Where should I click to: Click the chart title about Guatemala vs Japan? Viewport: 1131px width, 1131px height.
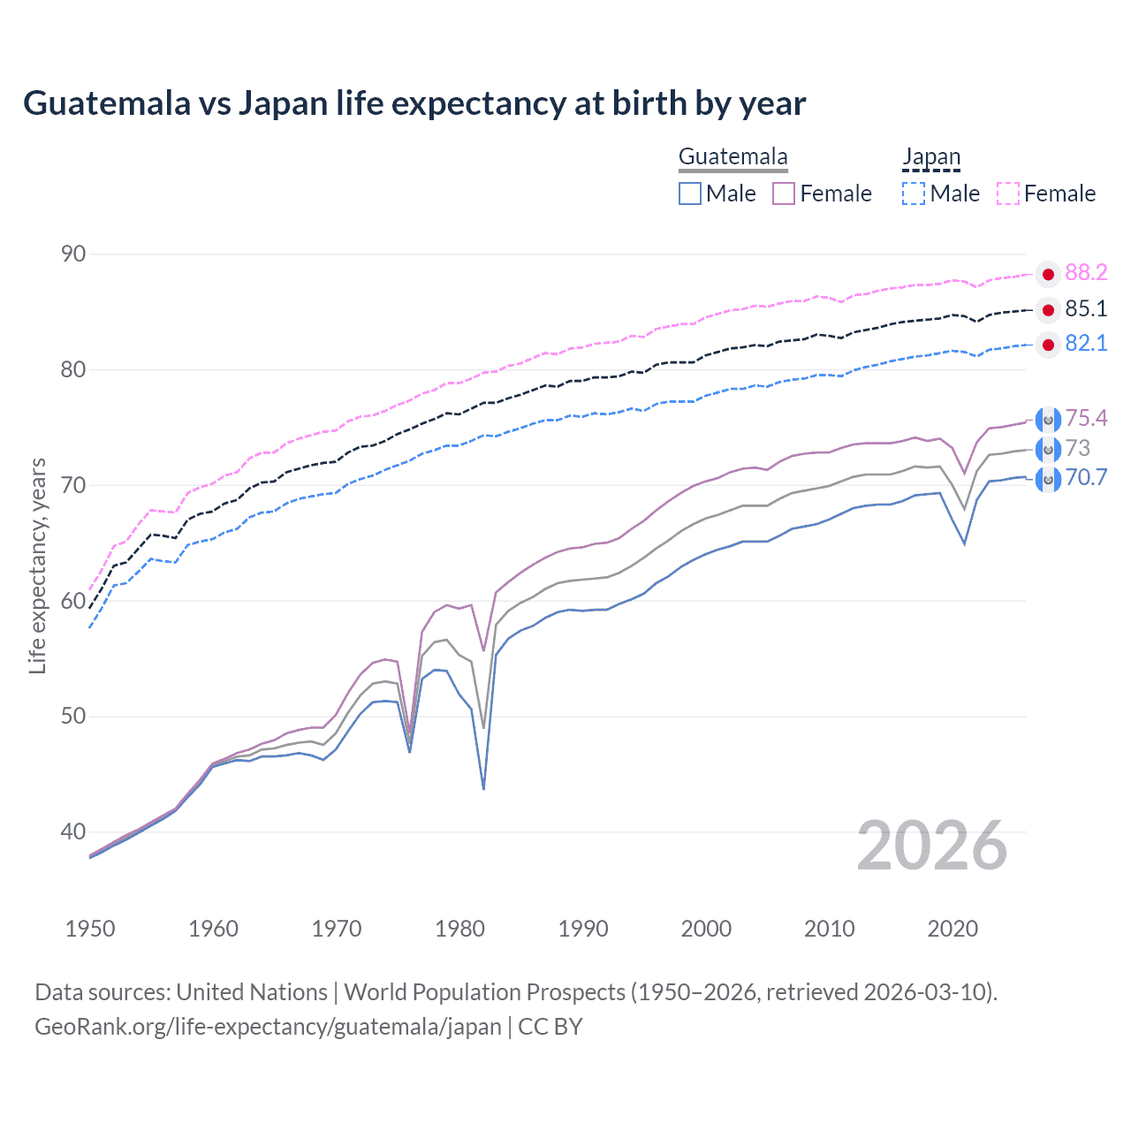click(414, 103)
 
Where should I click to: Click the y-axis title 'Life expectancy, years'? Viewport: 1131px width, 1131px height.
click(37, 565)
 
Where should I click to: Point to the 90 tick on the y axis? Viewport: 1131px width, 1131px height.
click(73, 254)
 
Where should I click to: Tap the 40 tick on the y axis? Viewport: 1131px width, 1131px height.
click(73, 831)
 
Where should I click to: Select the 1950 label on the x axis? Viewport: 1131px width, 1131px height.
click(90, 929)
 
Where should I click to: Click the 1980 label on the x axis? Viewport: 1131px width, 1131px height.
click(460, 929)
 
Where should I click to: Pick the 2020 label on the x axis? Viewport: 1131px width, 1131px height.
click(953, 929)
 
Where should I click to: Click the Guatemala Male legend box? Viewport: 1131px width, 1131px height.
click(690, 194)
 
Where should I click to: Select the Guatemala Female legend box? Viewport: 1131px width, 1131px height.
click(784, 194)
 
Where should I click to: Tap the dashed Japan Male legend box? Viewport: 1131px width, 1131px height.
click(914, 194)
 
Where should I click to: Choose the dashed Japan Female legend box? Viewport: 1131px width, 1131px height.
click(1008, 194)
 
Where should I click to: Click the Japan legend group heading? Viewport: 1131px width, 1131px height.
click(930, 157)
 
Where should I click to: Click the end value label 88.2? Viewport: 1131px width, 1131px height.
click(1086, 272)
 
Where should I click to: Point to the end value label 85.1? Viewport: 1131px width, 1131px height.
click(1086, 308)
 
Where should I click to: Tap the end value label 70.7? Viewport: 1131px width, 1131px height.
click(1086, 478)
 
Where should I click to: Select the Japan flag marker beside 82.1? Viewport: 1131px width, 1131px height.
click(1048, 345)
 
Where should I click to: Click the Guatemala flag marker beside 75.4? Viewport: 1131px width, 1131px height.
click(1048, 420)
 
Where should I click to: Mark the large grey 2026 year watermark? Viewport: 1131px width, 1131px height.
click(932, 846)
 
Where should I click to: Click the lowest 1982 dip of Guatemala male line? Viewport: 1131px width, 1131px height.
click(483, 788)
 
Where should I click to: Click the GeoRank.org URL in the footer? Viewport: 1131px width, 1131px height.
click(268, 1027)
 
